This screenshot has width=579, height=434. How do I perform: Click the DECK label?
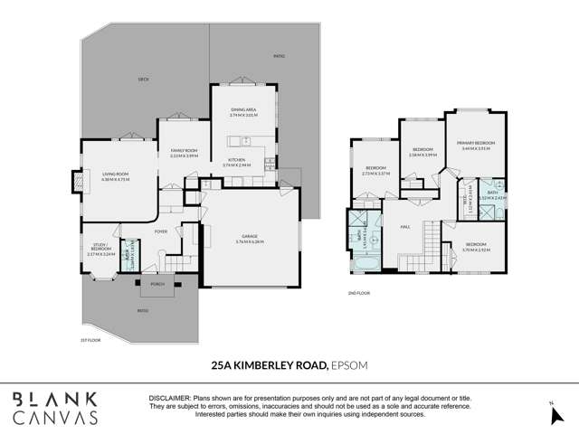[x=142, y=80]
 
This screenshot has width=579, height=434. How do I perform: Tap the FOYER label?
[x=161, y=231]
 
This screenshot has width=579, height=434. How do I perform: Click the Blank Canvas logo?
[x=56, y=409]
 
